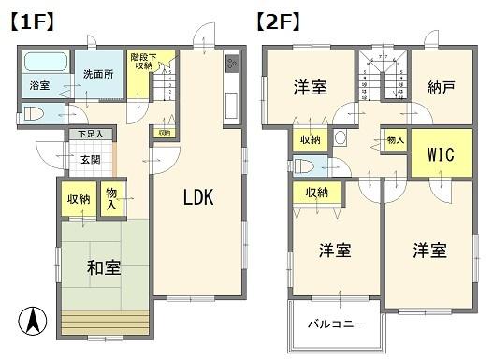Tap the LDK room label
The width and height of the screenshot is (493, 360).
(x=198, y=197)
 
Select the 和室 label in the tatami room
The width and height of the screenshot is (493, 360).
(x=103, y=268)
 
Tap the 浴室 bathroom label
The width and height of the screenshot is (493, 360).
(x=39, y=86)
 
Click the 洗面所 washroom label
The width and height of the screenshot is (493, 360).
(x=96, y=75)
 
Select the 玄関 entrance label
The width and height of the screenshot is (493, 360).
(x=90, y=159)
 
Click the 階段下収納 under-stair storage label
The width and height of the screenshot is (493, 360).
(x=143, y=62)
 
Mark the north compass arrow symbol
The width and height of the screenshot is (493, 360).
(x=31, y=322)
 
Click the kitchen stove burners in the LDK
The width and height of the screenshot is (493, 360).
(x=230, y=63)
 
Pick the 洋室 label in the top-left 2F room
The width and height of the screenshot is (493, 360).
(x=310, y=88)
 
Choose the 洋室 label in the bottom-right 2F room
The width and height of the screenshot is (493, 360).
(x=429, y=251)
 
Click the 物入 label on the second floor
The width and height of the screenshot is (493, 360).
(x=396, y=141)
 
